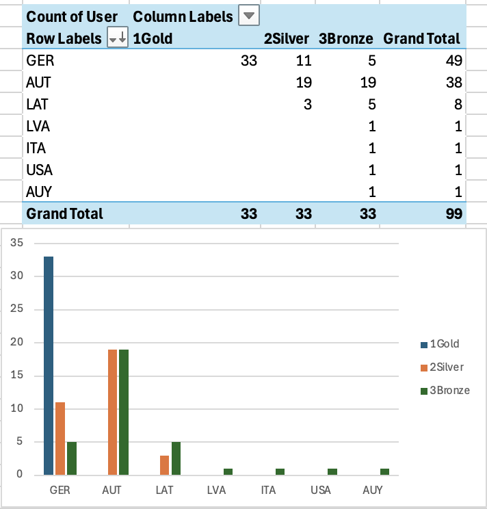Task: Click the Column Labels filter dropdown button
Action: pos(249,16)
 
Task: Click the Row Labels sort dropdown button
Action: pos(118,39)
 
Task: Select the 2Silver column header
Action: pos(287,39)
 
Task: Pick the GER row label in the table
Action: pos(40,61)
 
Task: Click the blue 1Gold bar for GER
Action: pos(49,365)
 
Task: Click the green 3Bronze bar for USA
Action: pos(332,471)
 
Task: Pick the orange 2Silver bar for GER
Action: pos(60,439)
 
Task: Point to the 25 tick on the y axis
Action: pos(18,309)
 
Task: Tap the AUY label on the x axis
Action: pos(373,491)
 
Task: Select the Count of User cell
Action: pos(72,16)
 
